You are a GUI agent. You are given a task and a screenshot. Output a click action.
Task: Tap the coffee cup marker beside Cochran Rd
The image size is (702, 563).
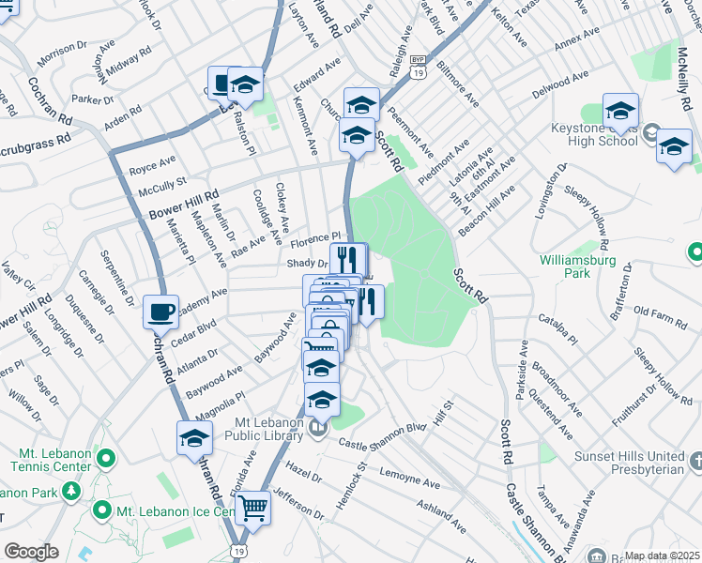coord(160,311)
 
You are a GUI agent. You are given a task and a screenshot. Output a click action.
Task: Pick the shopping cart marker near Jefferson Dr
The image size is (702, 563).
coord(252,509)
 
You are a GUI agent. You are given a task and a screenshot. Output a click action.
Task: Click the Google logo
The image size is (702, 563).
coord(31,552)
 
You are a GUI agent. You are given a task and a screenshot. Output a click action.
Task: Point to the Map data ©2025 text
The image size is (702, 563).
coord(663,555)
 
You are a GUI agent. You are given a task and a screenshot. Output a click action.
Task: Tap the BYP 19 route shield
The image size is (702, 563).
coord(418,65)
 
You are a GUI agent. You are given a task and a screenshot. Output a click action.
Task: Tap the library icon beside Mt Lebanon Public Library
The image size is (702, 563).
coord(317,429)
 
